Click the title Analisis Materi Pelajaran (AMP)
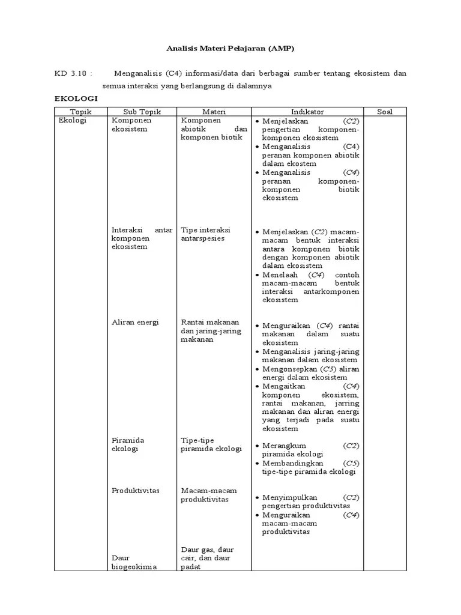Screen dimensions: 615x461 230,47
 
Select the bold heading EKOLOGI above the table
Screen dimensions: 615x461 76,98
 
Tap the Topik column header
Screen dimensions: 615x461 80,112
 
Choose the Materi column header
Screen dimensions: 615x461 214,112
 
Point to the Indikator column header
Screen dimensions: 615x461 307,112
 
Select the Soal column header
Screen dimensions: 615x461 384,112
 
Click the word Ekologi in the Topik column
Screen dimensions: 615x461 73,120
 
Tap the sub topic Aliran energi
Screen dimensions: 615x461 135,322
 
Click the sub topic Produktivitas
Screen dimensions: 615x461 136,491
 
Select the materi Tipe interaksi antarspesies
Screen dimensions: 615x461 205,234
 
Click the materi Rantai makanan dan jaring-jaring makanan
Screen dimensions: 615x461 210,330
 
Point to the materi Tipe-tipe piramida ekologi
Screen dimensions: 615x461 211,444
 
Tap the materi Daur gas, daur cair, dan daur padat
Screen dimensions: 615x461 208,558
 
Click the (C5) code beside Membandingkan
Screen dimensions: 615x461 351,463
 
